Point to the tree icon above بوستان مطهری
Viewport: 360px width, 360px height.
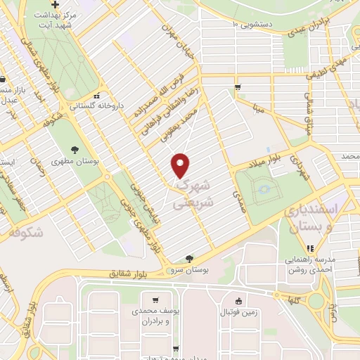click(75, 148)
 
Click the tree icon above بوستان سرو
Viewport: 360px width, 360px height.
click(188, 259)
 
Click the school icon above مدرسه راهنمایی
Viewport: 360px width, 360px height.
click(309, 247)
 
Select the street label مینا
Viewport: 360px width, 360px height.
click(258, 110)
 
